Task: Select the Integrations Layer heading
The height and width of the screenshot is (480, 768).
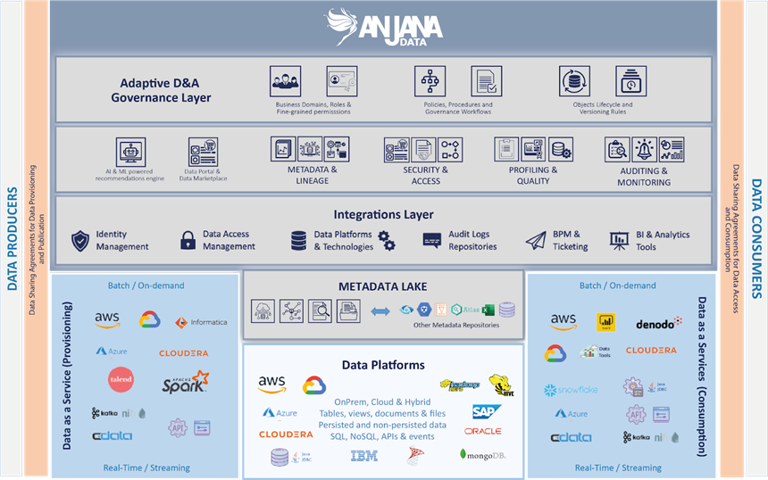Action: (x=383, y=214)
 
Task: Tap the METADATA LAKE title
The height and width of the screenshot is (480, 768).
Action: (x=382, y=286)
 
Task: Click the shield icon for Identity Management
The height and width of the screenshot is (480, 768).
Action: (x=80, y=240)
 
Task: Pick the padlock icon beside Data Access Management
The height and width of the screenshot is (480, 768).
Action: (x=188, y=240)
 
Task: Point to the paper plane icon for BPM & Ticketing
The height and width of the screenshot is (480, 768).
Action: (x=535, y=240)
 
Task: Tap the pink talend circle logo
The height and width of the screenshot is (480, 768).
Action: (x=120, y=379)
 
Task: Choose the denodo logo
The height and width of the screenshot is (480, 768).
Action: (x=658, y=323)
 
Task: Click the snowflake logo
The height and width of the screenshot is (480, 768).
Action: (x=572, y=390)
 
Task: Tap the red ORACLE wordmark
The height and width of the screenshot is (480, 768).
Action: (x=483, y=432)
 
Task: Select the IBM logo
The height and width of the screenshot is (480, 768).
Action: (x=363, y=456)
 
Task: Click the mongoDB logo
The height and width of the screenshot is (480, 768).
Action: (x=483, y=455)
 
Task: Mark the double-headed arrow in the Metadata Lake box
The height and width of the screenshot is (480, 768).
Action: (x=380, y=310)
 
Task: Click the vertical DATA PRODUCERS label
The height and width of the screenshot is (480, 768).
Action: (x=13, y=239)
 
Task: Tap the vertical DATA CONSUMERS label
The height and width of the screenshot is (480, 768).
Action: (x=755, y=239)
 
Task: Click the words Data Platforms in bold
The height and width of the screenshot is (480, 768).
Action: (x=383, y=365)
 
